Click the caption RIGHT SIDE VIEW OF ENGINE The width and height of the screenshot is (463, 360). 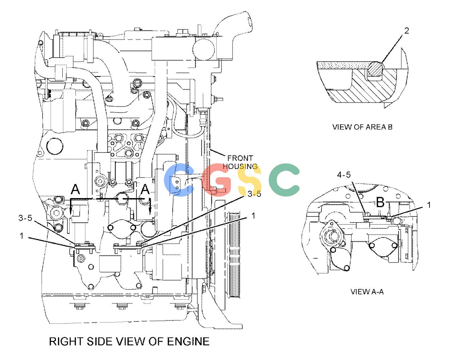129,342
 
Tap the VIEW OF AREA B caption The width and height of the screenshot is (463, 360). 362,127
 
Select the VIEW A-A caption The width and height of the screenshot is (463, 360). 367,292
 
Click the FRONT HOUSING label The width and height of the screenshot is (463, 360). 240,162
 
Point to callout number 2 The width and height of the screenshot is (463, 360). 406,31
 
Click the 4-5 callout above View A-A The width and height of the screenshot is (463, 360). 344,175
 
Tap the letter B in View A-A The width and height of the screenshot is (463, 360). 380,202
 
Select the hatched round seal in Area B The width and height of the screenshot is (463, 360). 375,69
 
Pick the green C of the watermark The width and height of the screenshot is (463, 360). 284,180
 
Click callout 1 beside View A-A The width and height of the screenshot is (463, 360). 429,205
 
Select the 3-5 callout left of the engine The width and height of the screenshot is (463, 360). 25,218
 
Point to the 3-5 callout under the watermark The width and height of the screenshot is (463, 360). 254,194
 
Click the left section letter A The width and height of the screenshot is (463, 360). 75,189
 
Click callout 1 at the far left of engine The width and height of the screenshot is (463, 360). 21,236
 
